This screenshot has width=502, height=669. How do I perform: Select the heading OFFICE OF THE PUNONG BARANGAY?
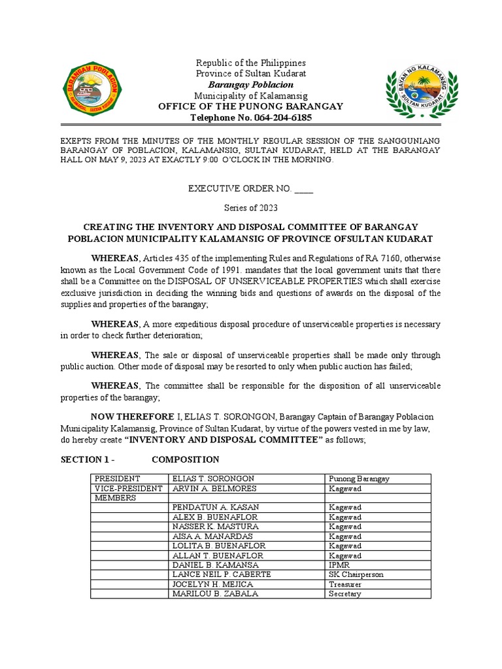(251, 106)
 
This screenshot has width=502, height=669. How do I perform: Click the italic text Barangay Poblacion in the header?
(251, 85)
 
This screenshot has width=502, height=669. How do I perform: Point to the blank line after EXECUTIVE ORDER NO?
(304, 189)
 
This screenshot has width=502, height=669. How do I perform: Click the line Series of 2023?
(251, 208)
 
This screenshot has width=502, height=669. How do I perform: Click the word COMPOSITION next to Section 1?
(186, 459)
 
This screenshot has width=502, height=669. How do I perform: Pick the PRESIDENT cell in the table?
(114, 479)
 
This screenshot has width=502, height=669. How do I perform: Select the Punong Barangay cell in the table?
(359, 479)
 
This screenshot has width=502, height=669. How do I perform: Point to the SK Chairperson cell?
(356, 574)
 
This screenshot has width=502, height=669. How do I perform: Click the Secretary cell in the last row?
(345, 594)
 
